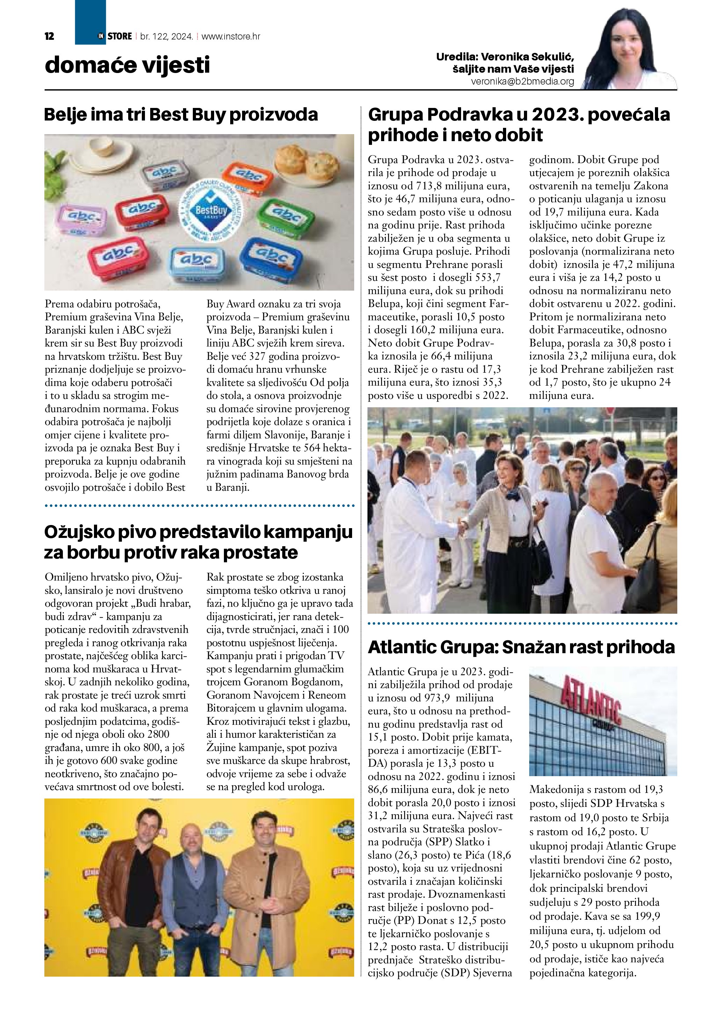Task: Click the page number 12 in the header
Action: [x=49, y=36]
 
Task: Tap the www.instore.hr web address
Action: [x=231, y=36]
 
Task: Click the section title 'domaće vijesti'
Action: [x=127, y=65]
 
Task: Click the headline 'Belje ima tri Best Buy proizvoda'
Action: [x=181, y=115]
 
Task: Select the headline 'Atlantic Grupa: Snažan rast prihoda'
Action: [x=522, y=647]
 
